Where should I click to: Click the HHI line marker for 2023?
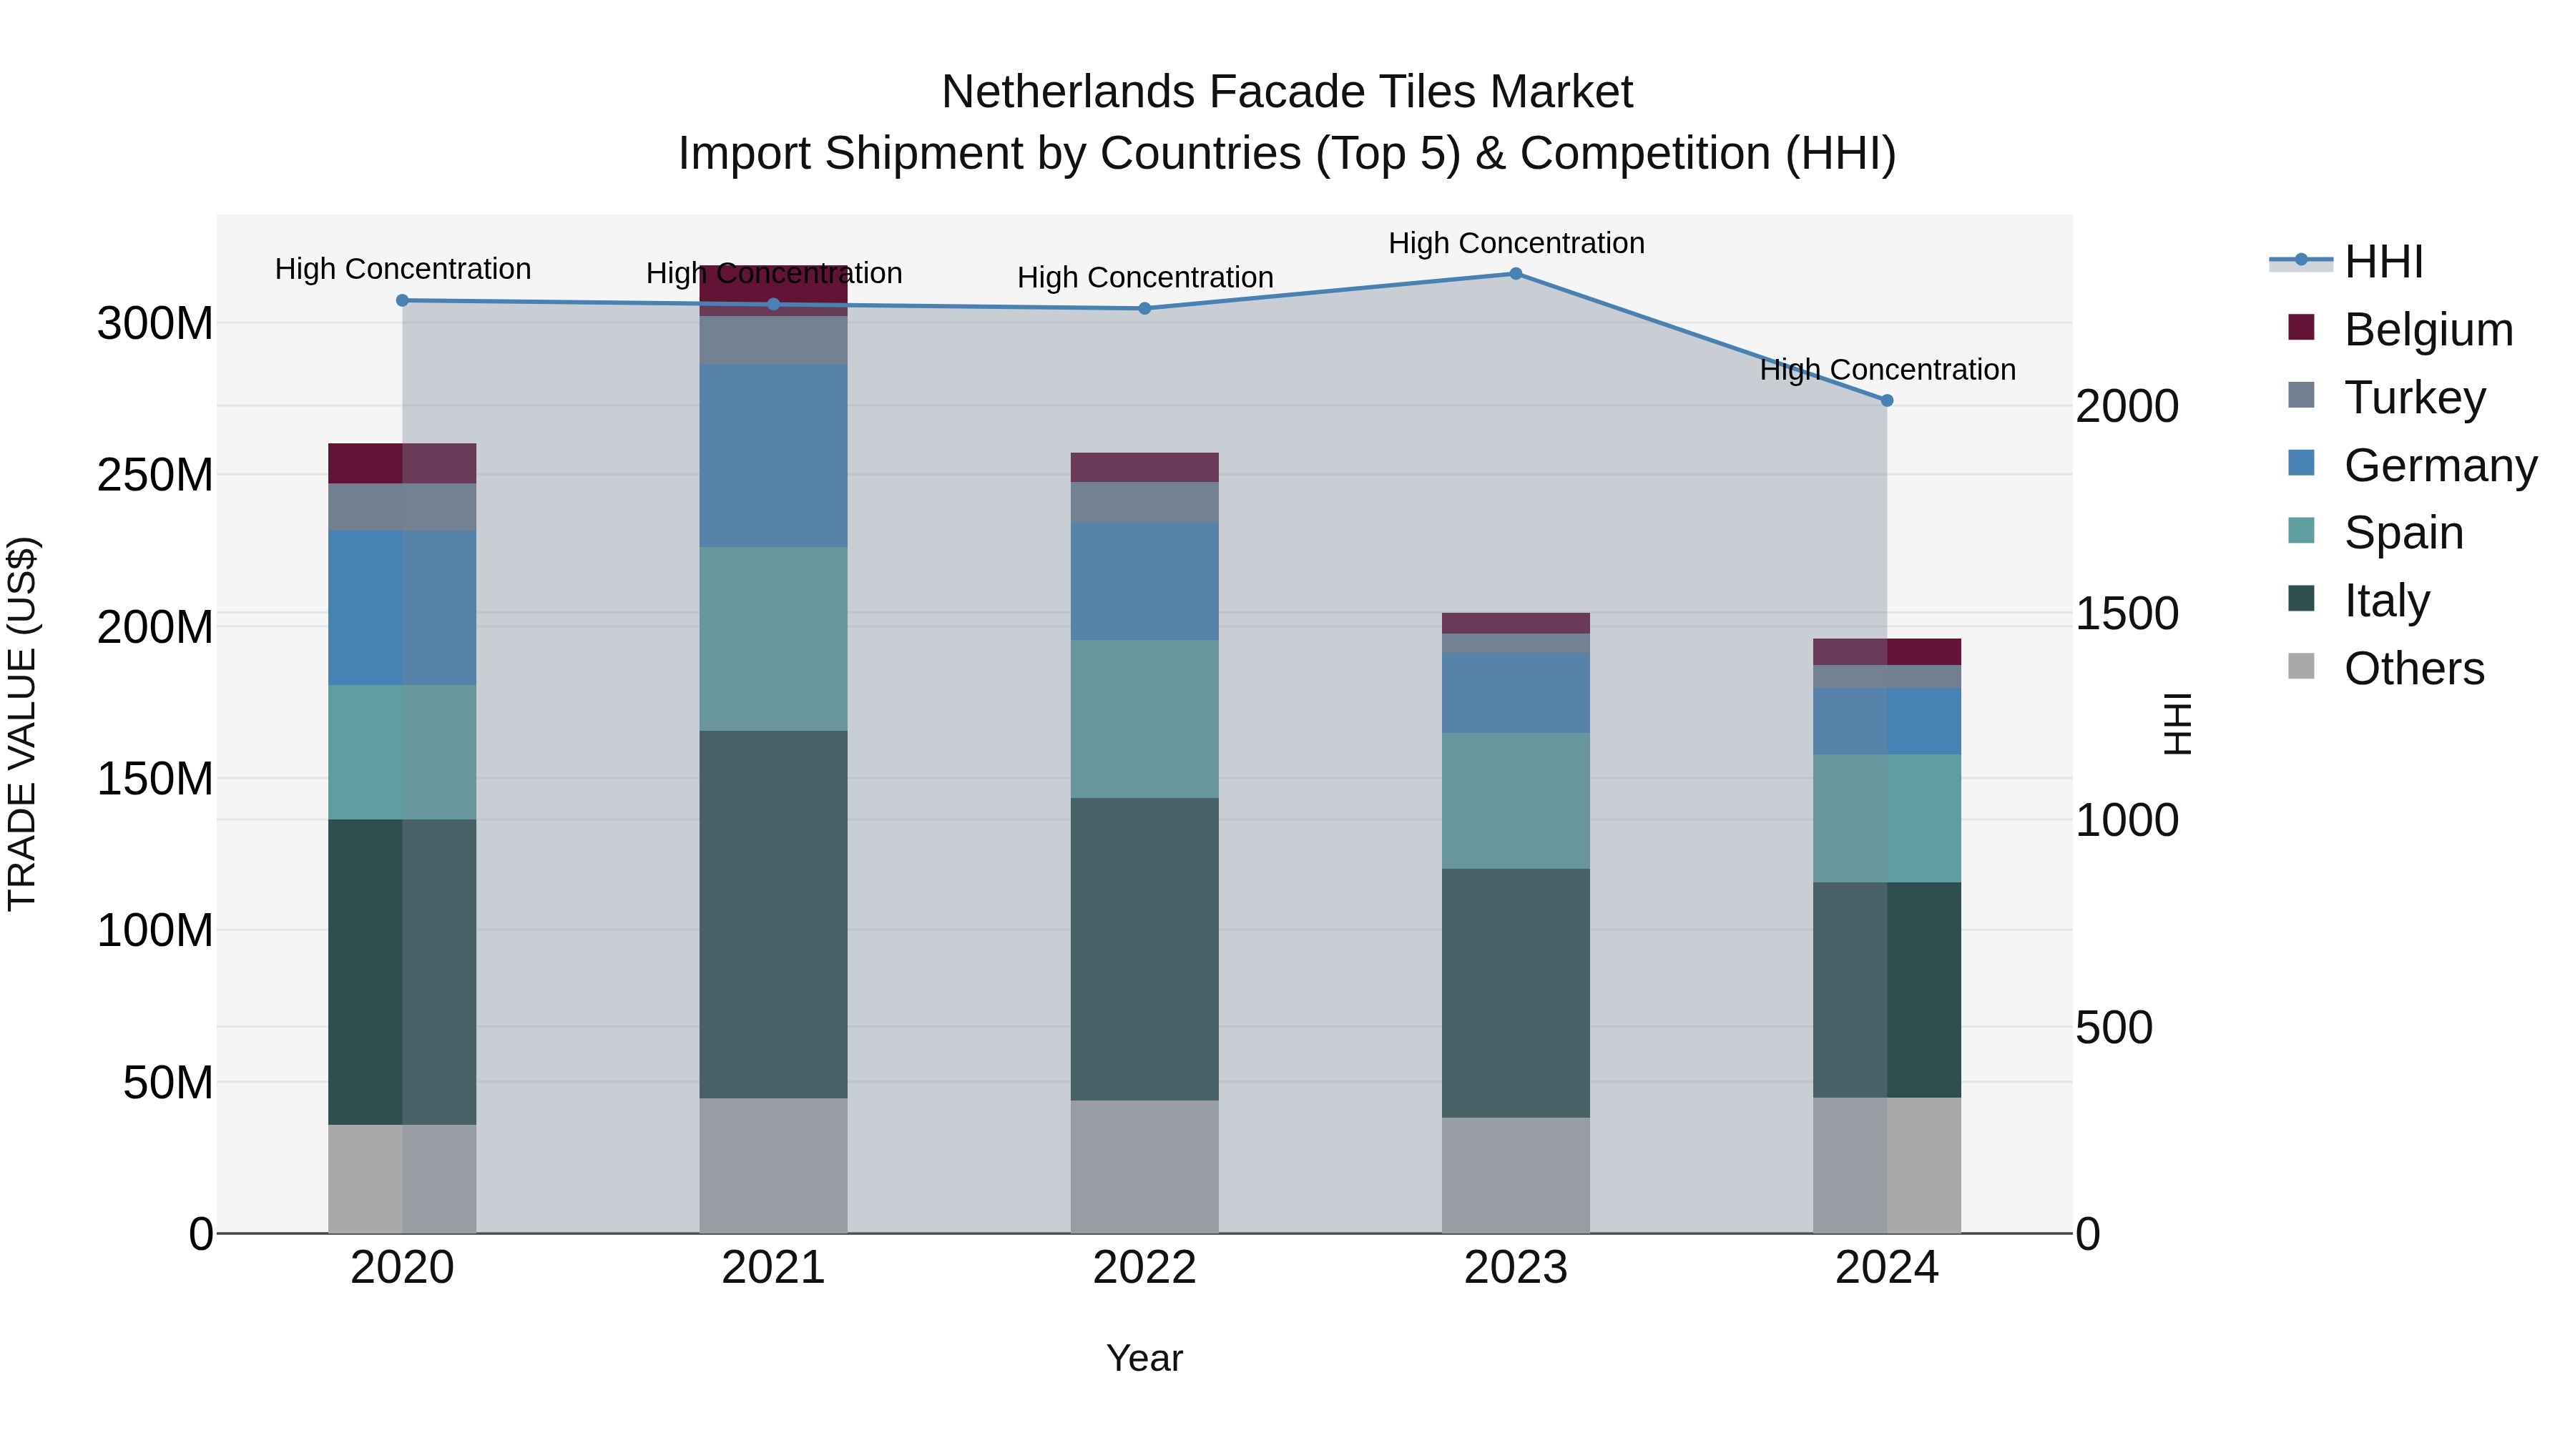click(x=1516, y=274)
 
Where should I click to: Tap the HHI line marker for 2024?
click(x=1886, y=400)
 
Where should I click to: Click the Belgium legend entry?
click(x=2427, y=330)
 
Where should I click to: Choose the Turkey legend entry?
click(x=2413, y=398)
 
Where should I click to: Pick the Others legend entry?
click(x=2413, y=669)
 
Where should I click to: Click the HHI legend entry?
click(x=2383, y=262)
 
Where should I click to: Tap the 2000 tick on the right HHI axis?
click(x=2127, y=407)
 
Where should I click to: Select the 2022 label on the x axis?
click(x=1144, y=1268)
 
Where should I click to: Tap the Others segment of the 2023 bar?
click(x=1516, y=1175)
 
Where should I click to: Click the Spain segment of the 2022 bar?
click(x=1144, y=719)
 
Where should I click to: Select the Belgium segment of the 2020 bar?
click(x=402, y=463)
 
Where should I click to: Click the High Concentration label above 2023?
click(x=1516, y=243)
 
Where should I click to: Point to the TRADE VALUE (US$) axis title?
click(x=22, y=724)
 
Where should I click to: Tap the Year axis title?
click(x=1144, y=1358)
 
